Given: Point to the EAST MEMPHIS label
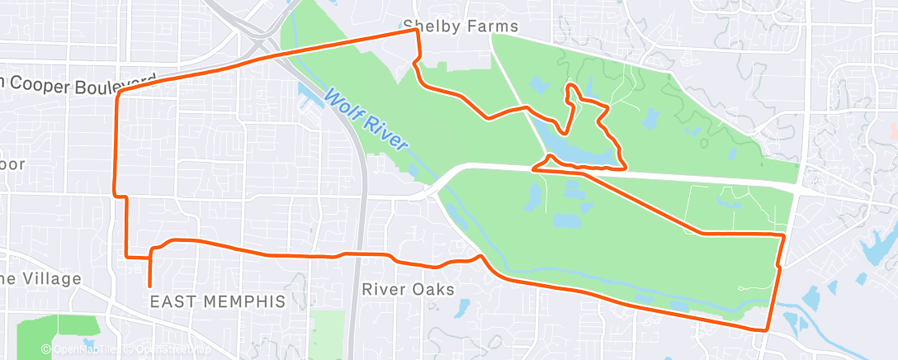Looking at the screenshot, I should click(217, 301).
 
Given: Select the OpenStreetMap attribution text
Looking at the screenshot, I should click(168, 349).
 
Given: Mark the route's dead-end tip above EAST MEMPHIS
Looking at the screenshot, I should click(149, 285).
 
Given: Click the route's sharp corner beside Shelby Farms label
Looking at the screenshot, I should click(415, 31).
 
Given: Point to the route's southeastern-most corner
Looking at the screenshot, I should click(767, 329).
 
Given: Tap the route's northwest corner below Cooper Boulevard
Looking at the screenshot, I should click(119, 93).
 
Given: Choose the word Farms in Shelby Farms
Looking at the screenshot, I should click(492, 26).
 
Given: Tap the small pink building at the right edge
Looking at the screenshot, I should click(894, 129).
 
